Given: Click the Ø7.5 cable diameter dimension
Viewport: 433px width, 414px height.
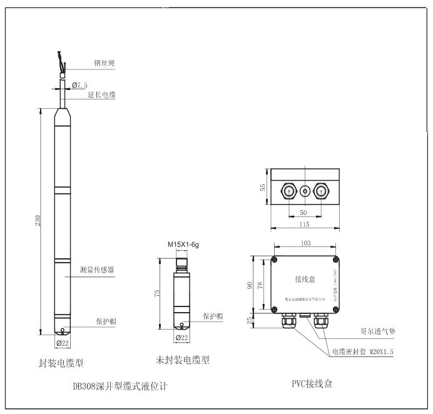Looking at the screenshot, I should coord(79,84).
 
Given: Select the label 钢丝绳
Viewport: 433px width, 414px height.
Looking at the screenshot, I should coord(104,63).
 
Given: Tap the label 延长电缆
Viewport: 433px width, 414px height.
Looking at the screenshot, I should coord(101,95).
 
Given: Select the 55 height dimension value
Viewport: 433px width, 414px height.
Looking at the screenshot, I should coord(263,187).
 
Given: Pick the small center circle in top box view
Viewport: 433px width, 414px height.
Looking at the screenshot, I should coord(305,189).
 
